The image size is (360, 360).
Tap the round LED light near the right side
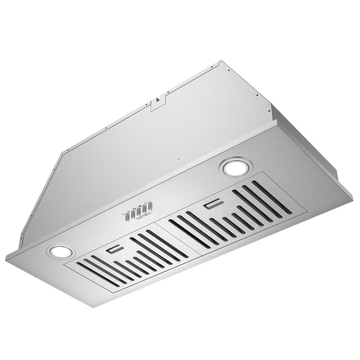(x=235, y=166)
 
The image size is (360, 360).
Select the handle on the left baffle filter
(x=115, y=249)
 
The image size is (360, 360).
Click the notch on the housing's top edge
(x=160, y=100)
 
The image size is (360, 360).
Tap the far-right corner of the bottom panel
(x=352, y=197)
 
